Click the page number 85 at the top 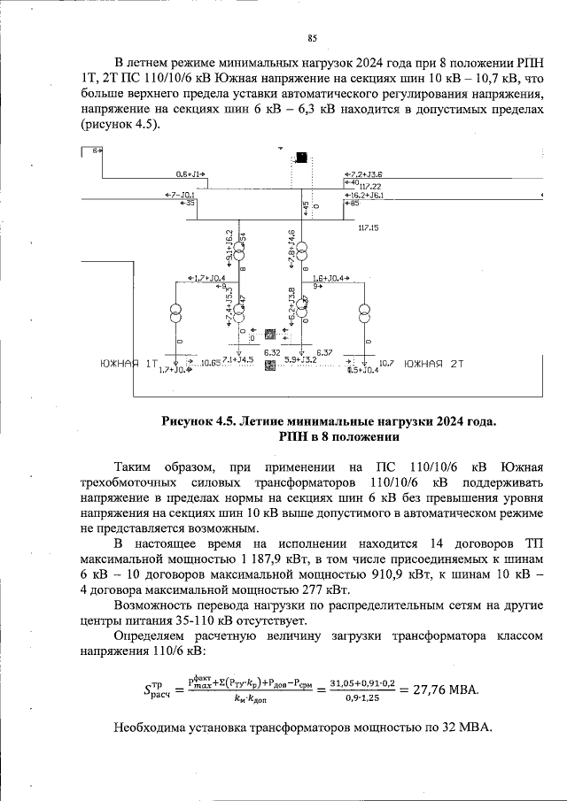coord(312,37)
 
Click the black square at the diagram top coord(303,158)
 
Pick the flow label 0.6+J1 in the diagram coord(190,174)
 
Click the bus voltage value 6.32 coord(272,352)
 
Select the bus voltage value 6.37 coord(324,352)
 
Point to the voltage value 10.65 coord(210,363)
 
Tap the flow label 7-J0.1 coord(182,195)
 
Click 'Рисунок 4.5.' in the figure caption coord(198,420)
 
